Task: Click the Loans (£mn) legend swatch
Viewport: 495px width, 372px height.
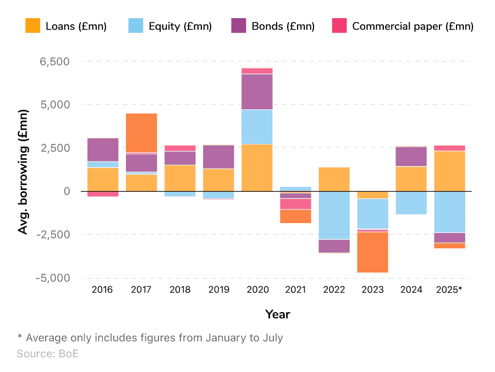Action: coord(33,26)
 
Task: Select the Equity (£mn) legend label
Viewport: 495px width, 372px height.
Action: coord(180,26)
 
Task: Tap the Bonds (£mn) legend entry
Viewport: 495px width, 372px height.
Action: coord(283,26)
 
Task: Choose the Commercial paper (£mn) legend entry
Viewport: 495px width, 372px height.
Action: coord(413,26)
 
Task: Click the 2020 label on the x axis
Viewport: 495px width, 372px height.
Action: coord(257,290)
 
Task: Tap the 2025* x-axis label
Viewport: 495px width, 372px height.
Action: coord(449,290)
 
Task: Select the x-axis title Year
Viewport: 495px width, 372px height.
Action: coord(278,314)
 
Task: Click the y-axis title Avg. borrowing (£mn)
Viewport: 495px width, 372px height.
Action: coord(23,171)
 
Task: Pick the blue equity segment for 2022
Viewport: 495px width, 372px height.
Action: coord(334,215)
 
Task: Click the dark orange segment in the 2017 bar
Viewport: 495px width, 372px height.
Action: coord(141,132)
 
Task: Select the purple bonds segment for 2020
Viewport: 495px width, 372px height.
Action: coord(257,92)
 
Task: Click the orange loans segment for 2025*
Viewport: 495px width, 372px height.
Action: coord(449,171)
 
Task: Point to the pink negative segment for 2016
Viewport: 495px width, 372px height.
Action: coord(103,193)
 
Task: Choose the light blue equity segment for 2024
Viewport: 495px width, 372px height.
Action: coord(411,203)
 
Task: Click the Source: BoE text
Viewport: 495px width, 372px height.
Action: coord(48,354)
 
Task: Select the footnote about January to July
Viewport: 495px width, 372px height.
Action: coord(150,337)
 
